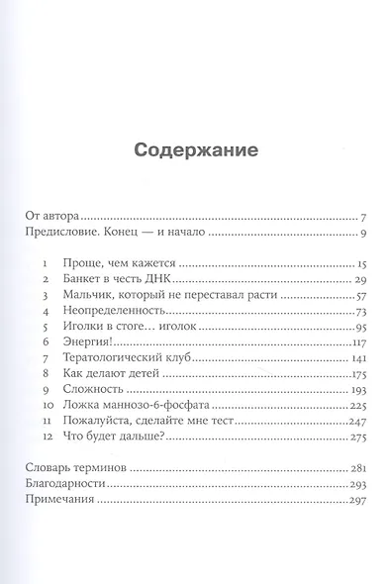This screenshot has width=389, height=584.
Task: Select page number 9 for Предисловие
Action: coord(364,234)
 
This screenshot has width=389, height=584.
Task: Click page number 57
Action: coord(361,297)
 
